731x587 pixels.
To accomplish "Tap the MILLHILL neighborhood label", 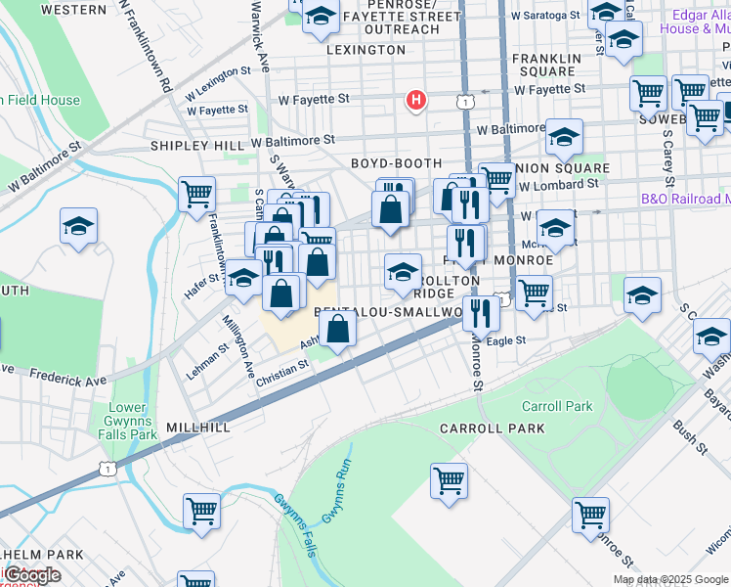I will (198, 428).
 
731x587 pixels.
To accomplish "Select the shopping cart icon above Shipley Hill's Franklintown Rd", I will (197, 193).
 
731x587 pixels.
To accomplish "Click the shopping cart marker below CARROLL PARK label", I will (449, 481).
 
